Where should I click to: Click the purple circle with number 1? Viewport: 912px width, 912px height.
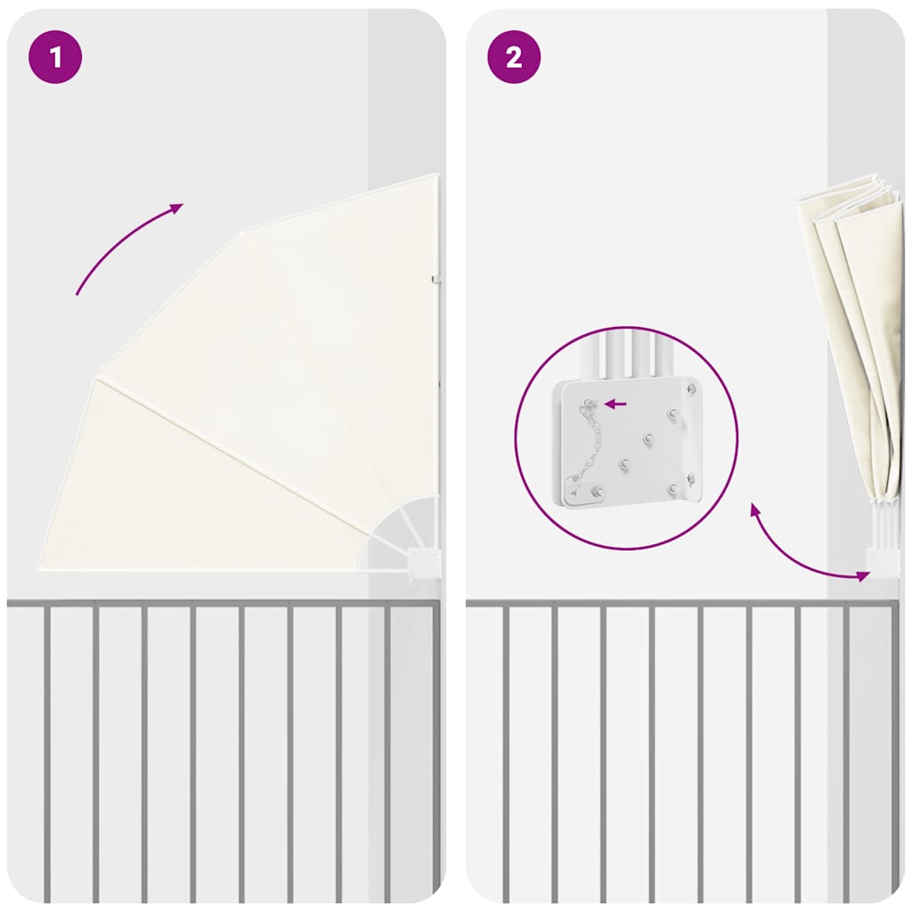(55, 57)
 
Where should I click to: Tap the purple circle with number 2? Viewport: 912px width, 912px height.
(514, 57)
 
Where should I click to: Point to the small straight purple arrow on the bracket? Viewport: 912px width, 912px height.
(615, 403)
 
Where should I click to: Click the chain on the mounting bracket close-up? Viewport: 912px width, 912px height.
(584, 442)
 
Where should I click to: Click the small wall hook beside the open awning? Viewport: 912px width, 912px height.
(436, 281)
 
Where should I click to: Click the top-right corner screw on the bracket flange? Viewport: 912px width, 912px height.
(691, 388)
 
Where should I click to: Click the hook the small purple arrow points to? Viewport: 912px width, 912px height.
(590, 403)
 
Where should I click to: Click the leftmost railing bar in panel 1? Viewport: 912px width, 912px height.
(47, 754)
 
